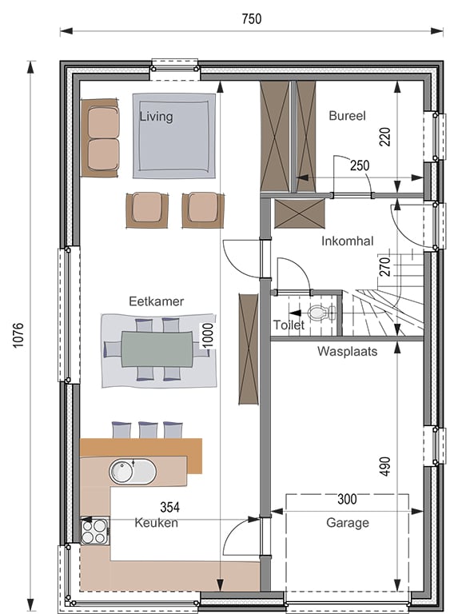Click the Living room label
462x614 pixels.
pos(156,116)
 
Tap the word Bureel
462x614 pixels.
pos(347,115)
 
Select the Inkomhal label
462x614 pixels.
pos(348,241)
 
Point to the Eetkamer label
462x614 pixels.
pos(156,301)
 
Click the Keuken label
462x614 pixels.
pos(156,523)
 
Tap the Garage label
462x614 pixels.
pos(348,523)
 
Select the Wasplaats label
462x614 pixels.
pos(347,351)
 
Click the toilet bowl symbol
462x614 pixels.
pos(321,313)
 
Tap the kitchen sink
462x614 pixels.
pos(132,472)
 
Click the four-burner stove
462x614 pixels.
pos(94,532)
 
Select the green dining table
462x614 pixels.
pos(157,349)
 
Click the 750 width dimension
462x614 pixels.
pos(251,19)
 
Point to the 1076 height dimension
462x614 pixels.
pos(18,335)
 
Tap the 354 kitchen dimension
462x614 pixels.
pos(170,508)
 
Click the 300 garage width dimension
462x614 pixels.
pos(347,499)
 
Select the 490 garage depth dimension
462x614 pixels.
pos(385,466)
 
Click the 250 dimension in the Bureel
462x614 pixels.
pos(360,165)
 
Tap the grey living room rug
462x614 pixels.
pos(173,136)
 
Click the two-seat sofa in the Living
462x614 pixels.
pos(100,138)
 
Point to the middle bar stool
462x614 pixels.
pos(148,430)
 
